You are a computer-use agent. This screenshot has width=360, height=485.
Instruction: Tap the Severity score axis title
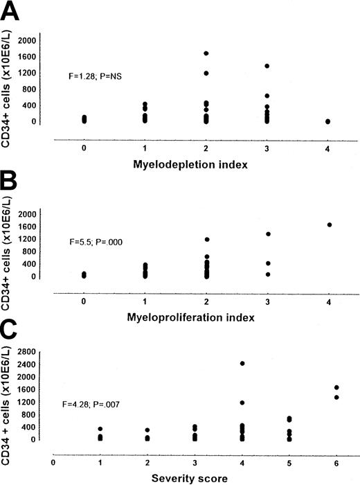tap(206, 477)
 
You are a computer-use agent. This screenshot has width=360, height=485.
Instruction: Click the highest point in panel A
tap(206, 53)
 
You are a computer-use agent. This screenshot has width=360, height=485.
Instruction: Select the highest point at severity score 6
tap(336, 387)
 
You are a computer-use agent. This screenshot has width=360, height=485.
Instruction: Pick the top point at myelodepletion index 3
tap(267, 66)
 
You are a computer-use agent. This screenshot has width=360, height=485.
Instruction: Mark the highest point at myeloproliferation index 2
tap(206, 240)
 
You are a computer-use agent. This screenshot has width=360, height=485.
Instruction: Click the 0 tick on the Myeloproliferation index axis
tap(83, 302)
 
